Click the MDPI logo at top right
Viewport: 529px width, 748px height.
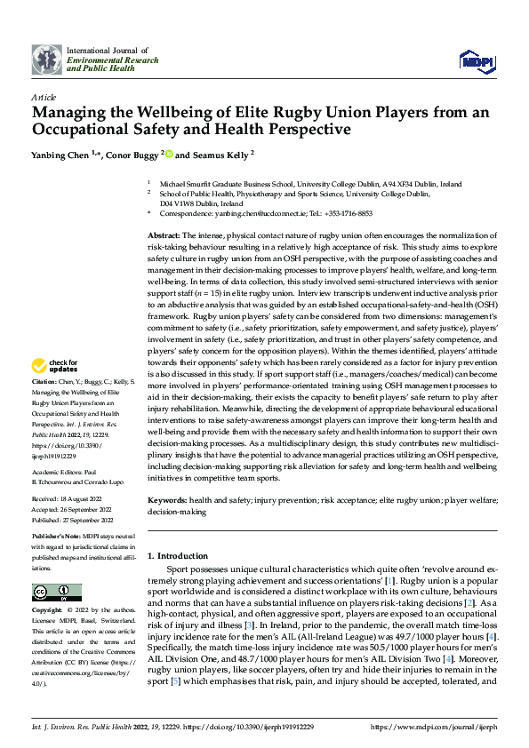tap(476, 60)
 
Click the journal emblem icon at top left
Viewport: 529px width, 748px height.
tap(46, 60)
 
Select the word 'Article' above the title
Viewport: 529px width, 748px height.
tap(44, 97)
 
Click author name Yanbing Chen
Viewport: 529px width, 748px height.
tap(63, 155)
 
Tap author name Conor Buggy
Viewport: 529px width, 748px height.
tap(132, 155)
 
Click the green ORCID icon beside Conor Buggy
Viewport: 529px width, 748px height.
tap(169, 155)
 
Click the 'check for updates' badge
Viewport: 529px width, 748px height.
tap(55, 390)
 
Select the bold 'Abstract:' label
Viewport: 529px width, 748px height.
tap(164, 232)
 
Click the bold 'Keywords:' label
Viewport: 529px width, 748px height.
tap(167, 500)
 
